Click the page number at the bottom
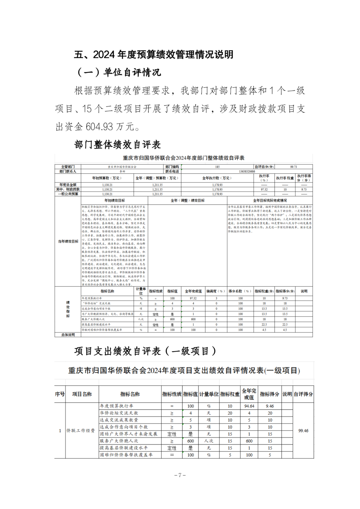[180, 475]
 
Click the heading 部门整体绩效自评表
[117, 144]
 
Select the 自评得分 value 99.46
[303, 431]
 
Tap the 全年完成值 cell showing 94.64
[249, 406]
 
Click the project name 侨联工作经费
[81, 431]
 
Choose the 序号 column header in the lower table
[60, 394]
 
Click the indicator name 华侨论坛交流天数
[119, 413]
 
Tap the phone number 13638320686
[247, 171]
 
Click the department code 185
[217, 167]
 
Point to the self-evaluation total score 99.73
[293, 167]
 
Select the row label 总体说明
[68, 335]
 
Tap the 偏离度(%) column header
[216, 291]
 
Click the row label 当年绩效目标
[68, 241]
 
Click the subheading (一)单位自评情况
[118, 72]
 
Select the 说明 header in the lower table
[287, 394]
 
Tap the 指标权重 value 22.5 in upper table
[264, 324]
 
